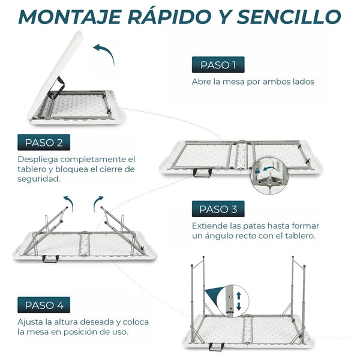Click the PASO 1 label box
tap(218, 65)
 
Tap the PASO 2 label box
tap(44, 142)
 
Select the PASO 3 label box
tap(218, 209)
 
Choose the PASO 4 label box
tap(44, 305)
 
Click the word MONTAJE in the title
tap(70, 17)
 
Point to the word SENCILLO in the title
tap(289, 17)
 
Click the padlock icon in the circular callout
tap(257, 170)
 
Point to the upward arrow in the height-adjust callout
tap(239, 295)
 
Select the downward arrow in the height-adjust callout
tap(239, 306)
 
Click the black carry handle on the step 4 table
tap(217, 347)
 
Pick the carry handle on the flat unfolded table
tap(202, 173)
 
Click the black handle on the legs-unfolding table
tap(50, 259)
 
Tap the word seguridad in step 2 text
tap(38, 179)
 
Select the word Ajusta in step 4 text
tap(30, 322)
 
